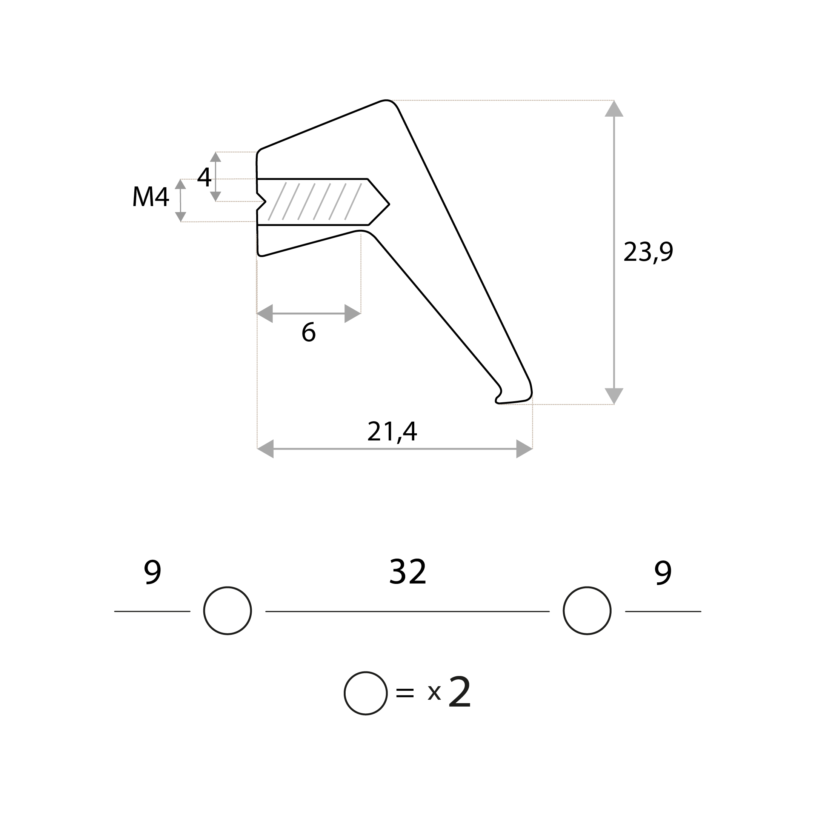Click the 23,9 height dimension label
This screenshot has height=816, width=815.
tap(648, 252)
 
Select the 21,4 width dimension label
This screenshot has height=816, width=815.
tap(392, 431)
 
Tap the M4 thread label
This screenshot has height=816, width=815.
tap(151, 196)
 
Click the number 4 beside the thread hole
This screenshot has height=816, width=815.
tap(204, 177)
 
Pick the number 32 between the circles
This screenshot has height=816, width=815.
tap(407, 572)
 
